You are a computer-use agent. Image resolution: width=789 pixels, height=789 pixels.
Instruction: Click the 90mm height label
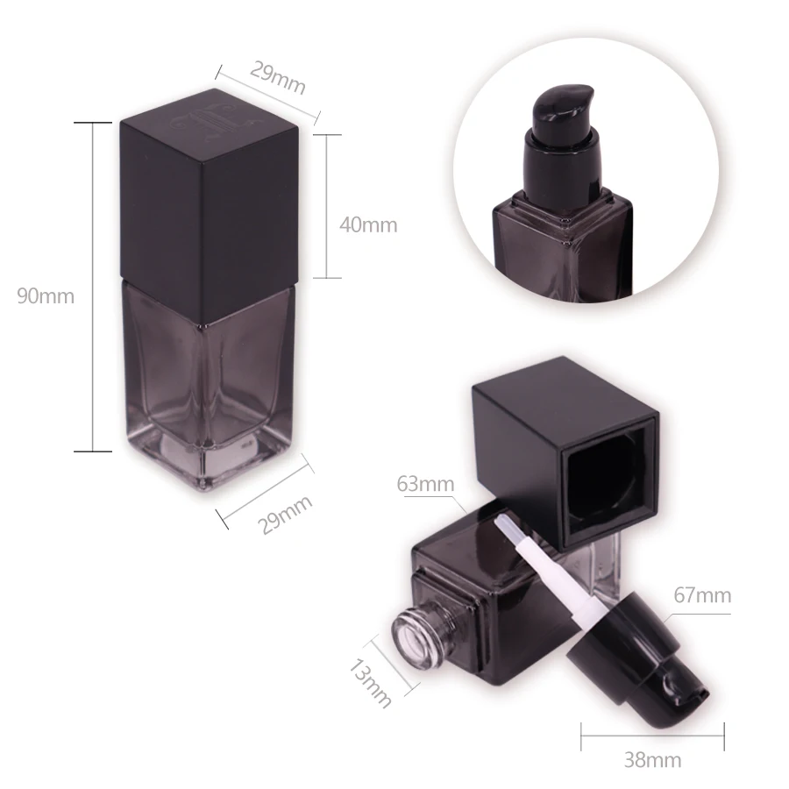click(46, 296)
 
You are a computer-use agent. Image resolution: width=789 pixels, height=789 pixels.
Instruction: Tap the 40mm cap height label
click(368, 225)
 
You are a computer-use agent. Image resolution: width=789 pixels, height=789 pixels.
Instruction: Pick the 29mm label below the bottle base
click(284, 515)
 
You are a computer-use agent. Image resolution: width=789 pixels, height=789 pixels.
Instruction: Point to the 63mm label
click(425, 484)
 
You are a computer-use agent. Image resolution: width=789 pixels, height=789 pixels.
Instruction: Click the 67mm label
click(702, 595)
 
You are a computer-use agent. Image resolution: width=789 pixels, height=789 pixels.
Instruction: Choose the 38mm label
click(652, 759)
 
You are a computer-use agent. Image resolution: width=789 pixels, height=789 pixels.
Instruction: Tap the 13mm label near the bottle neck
click(370, 683)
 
